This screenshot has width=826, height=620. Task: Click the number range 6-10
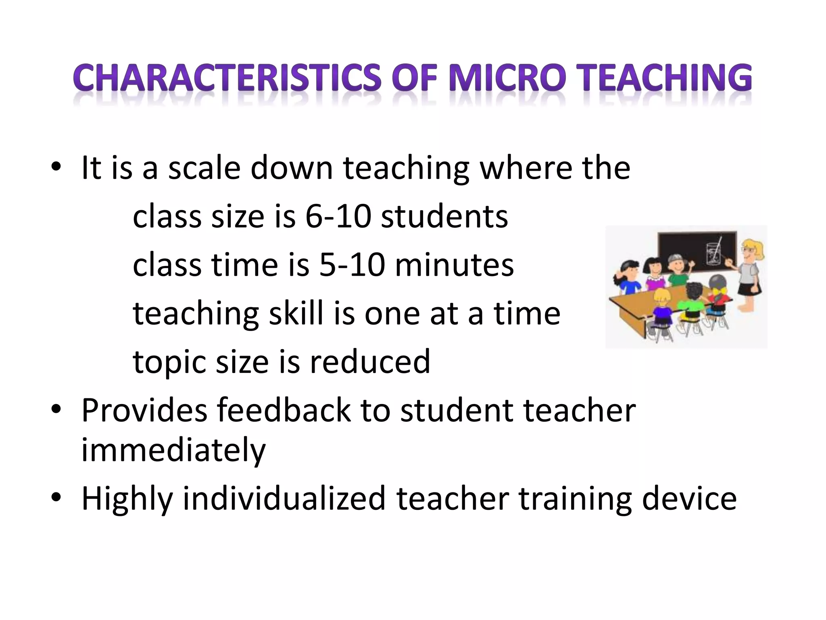coord(338,217)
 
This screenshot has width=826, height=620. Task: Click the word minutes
coord(455,265)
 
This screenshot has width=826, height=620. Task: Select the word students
coord(444,217)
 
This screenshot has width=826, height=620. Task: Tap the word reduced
coord(370,362)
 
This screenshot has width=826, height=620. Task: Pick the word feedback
coord(284,411)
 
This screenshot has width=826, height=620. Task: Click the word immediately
coord(173,450)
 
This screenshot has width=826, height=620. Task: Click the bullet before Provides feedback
coord(56,409)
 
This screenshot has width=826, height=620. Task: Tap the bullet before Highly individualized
coord(56,498)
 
